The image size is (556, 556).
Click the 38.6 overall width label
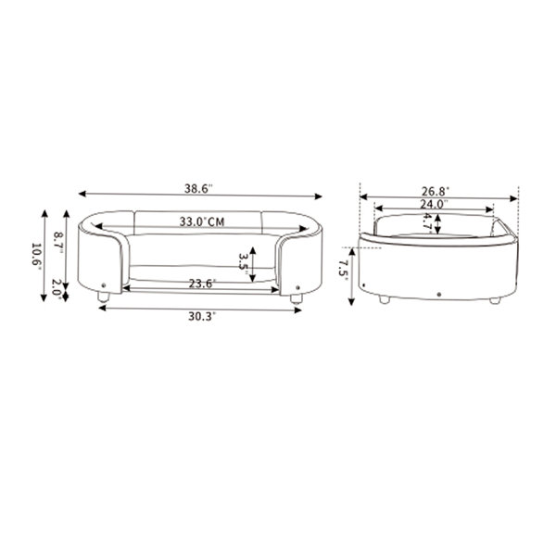[x=198, y=188]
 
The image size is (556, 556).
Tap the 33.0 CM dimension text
[x=202, y=221]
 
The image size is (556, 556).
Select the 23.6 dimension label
[x=202, y=284]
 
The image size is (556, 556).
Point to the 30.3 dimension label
[x=202, y=316]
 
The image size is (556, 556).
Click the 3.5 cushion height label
[x=243, y=261]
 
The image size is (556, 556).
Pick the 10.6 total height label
[x=36, y=254]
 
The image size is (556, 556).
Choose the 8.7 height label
[x=58, y=240]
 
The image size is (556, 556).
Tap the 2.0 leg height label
[x=57, y=287]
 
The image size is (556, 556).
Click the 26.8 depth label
[x=436, y=191]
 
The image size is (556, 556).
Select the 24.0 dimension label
[x=434, y=204]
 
